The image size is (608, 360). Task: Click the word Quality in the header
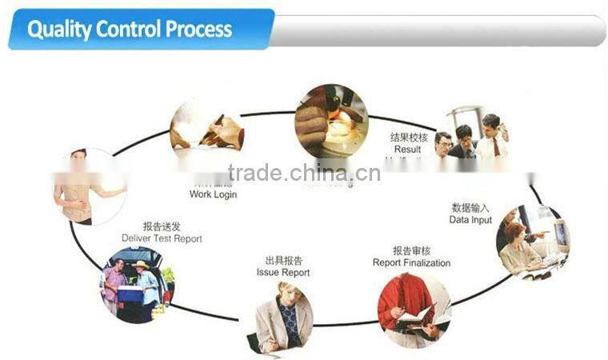(58, 30)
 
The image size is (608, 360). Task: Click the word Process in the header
(198, 30)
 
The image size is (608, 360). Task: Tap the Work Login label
(213, 194)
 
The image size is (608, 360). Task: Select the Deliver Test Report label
(162, 238)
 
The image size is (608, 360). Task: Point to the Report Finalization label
(411, 262)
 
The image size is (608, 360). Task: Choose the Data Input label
(470, 219)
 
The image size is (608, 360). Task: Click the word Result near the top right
(407, 149)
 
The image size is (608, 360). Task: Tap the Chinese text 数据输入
(470, 207)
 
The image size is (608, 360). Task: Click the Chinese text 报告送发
(162, 226)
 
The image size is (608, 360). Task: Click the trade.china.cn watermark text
(303, 173)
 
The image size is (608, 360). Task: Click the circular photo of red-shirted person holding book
(414, 309)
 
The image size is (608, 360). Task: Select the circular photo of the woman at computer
(532, 241)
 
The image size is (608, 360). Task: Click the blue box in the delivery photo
(130, 294)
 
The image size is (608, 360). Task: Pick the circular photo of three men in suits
(472, 136)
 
